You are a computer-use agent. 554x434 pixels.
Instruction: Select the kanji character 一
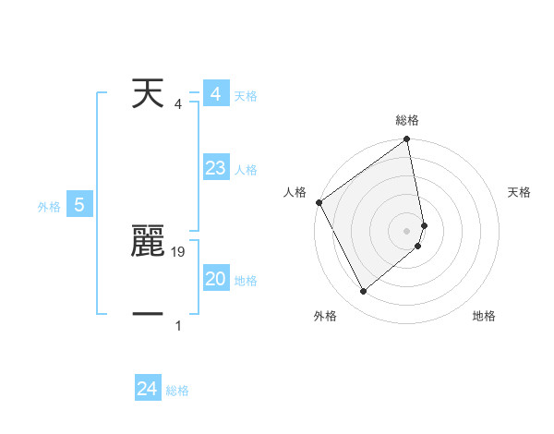(149, 315)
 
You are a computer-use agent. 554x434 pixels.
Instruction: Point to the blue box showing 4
(215, 94)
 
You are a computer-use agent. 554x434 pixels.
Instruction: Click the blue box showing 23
(215, 169)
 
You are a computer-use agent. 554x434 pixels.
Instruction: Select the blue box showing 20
(215, 279)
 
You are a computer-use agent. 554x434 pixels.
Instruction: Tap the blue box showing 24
(147, 389)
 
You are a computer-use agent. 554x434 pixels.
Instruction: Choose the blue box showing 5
(79, 206)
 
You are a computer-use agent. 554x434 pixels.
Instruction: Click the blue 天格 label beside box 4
(246, 96)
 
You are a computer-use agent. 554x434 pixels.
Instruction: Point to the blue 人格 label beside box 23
(246, 170)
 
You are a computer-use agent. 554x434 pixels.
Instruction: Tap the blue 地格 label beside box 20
(246, 281)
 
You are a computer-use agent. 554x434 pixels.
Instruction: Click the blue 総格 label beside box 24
(177, 391)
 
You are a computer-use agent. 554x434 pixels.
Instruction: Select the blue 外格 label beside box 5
(49, 208)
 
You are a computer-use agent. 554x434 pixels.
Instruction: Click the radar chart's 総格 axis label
(407, 120)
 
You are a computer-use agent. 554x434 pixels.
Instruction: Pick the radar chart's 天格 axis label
(519, 192)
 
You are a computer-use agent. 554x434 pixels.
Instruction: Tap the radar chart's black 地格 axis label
(484, 316)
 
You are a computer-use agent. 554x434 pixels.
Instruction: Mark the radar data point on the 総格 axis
(407, 140)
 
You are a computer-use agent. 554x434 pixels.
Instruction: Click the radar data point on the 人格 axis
(319, 202)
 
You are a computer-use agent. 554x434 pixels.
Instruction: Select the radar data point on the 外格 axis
(364, 291)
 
